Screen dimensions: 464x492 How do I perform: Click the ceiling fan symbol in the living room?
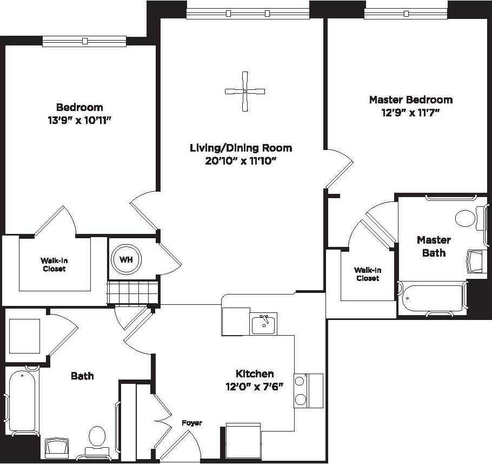pos(245,92)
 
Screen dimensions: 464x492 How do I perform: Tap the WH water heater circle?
pos(125,260)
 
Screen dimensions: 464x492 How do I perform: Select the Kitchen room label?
pos(254,374)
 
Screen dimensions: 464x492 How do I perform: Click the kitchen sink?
pos(263,324)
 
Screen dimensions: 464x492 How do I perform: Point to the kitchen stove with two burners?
pos(301,390)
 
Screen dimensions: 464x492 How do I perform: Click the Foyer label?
pos(191,422)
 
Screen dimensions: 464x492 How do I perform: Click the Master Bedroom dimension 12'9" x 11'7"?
pos(411,113)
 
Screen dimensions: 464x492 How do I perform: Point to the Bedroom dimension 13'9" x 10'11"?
pos(79,120)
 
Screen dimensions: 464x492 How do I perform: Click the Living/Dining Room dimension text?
pos(241,161)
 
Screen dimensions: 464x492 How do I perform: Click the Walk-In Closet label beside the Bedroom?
pos(54,264)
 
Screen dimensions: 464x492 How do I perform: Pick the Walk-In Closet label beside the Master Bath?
pos(367,274)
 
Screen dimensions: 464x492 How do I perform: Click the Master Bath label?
pos(434,246)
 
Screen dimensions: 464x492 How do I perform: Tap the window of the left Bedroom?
pos(84,41)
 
